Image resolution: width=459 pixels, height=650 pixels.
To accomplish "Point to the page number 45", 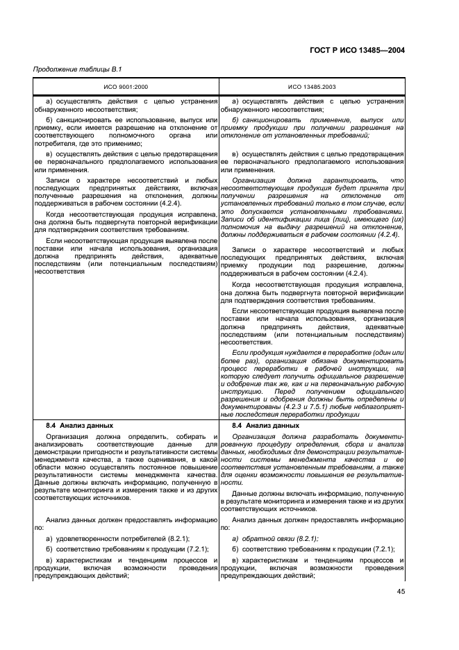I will (401, 591).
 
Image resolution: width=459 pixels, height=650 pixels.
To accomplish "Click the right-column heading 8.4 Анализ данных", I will (266, 425).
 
